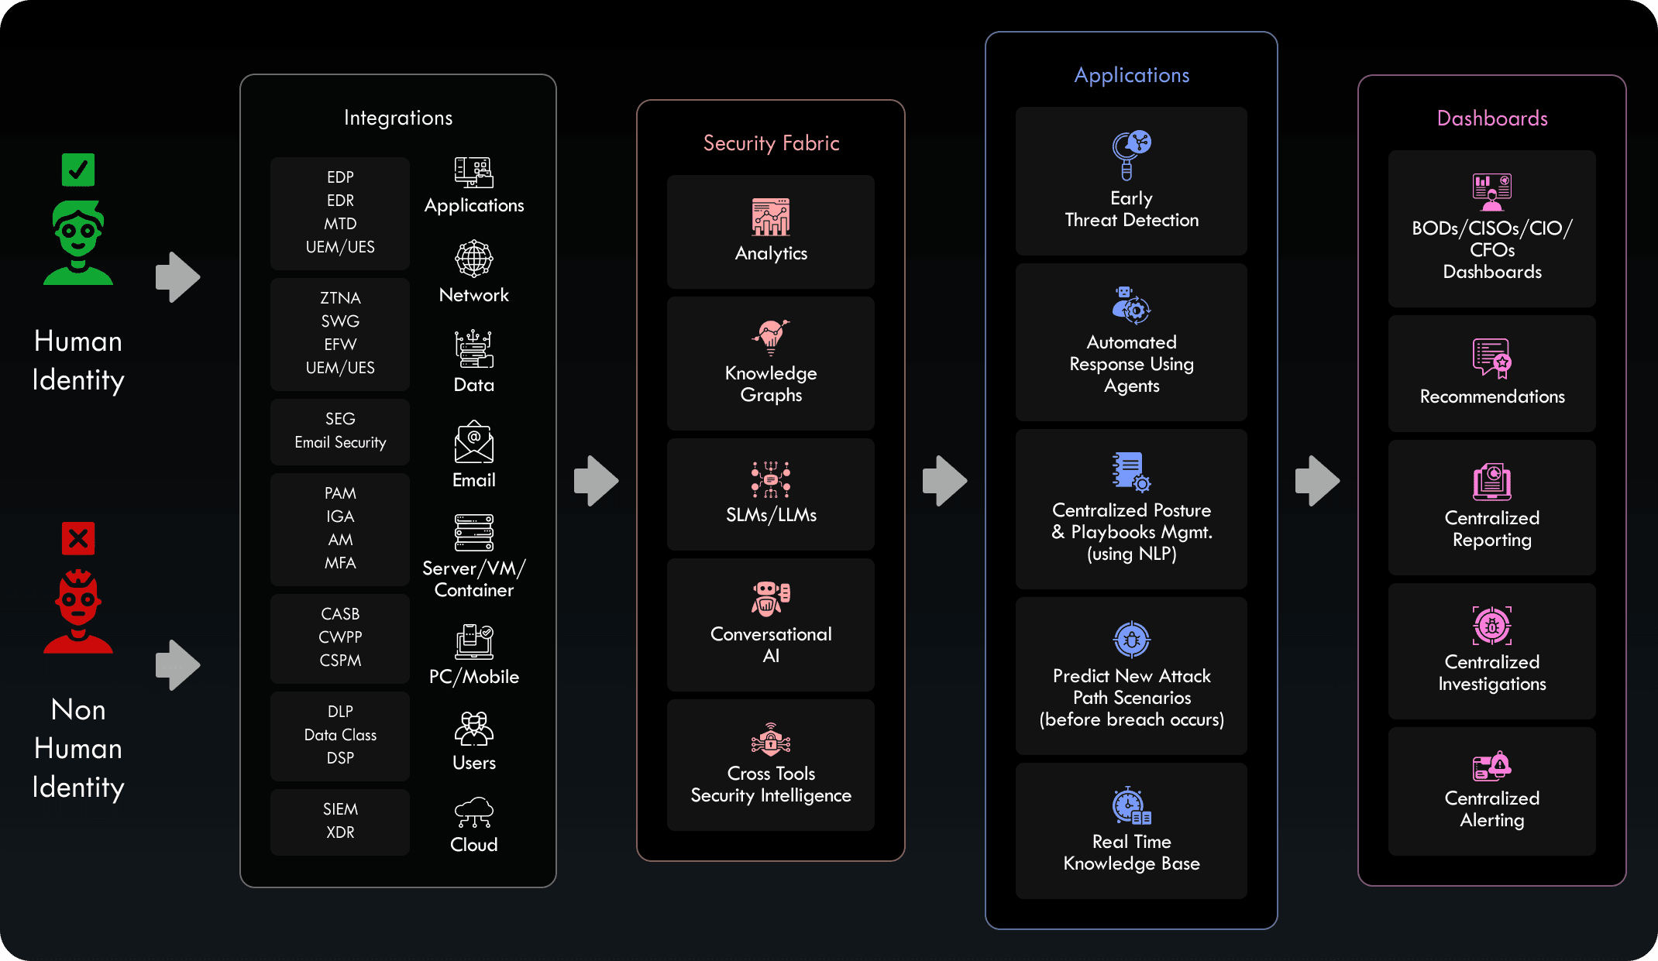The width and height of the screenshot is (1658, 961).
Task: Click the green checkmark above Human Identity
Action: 78,170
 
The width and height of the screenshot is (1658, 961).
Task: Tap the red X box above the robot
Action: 78,538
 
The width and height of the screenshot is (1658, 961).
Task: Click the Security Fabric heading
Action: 771,143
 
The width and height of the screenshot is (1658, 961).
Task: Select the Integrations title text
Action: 398,118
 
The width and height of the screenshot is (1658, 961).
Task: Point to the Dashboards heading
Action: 1492,118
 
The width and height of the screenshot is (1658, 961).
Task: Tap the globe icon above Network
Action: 474,259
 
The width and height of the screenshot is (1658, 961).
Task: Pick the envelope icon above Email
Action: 474,443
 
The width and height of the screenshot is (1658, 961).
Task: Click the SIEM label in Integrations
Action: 340,809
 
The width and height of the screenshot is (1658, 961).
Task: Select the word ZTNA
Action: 340,298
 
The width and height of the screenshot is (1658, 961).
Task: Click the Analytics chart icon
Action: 771,217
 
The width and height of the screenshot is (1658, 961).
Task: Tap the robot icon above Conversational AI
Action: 771,598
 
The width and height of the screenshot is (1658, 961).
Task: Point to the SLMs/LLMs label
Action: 771,515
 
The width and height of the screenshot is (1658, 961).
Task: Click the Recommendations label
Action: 1492,396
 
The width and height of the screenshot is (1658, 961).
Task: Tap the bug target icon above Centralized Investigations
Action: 1492,626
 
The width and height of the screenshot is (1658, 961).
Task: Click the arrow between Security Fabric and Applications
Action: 945,481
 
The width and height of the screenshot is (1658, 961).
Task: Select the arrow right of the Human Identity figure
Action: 178,277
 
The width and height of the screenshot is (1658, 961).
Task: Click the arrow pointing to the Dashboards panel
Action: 1318,481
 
